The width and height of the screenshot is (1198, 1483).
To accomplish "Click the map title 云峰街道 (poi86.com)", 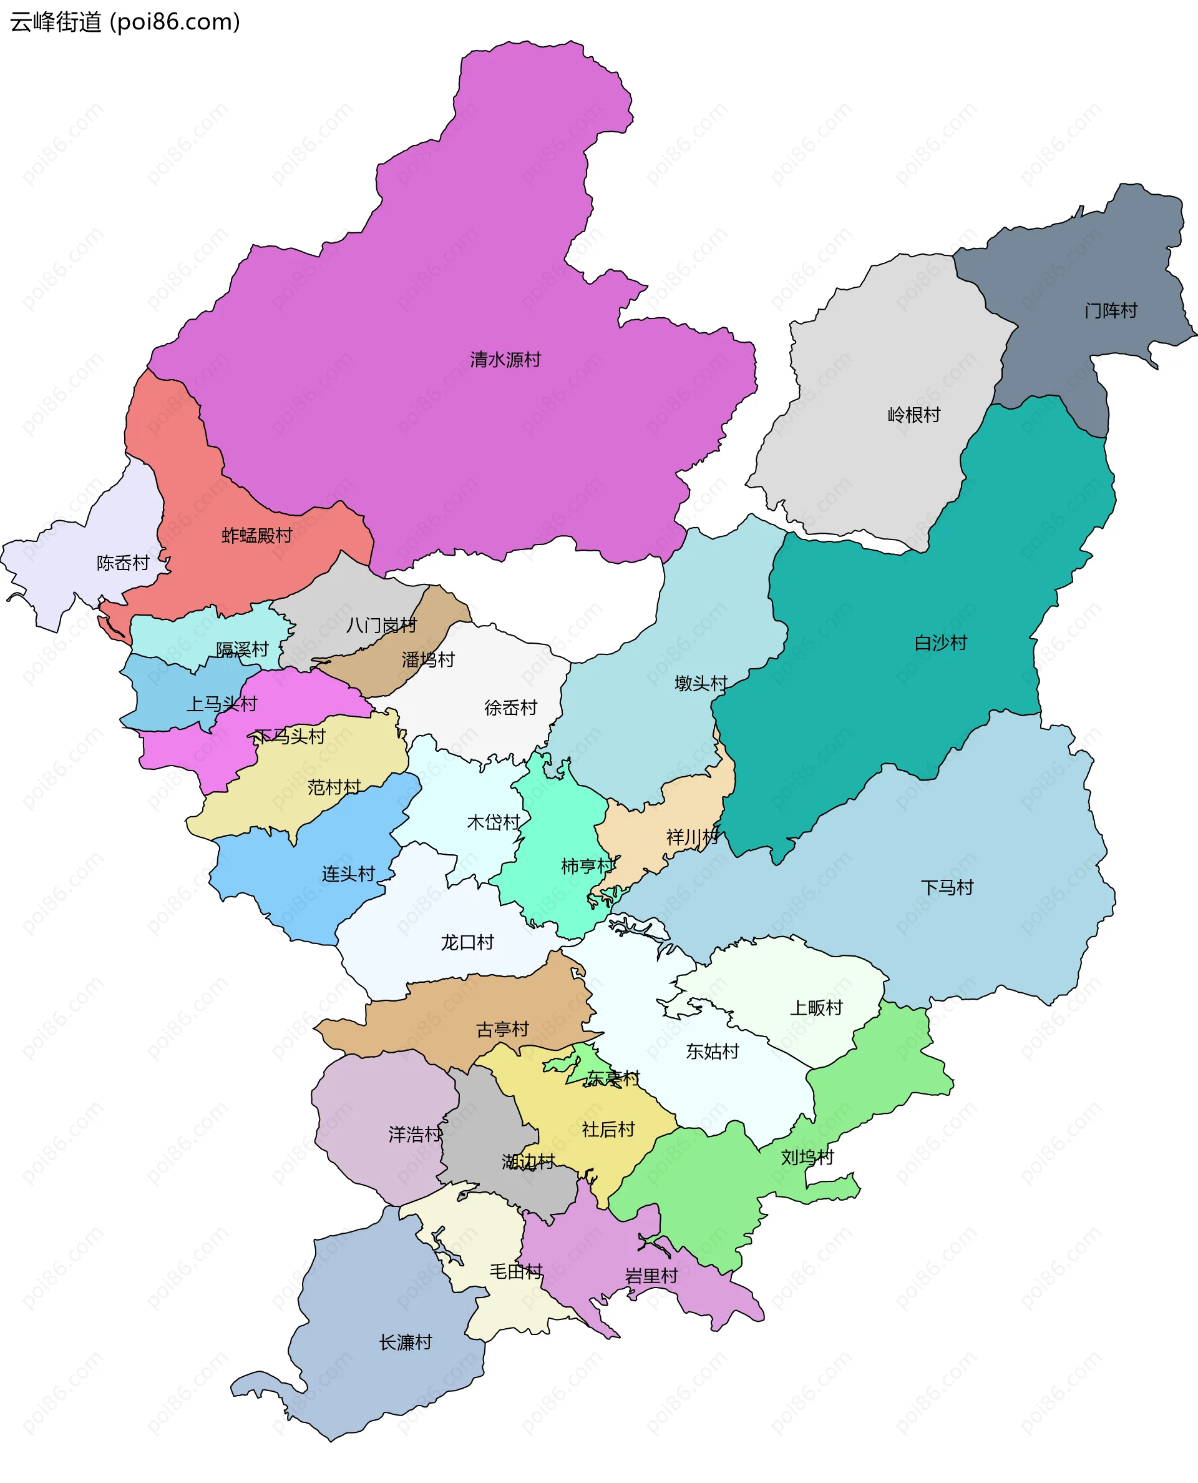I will (125, 22).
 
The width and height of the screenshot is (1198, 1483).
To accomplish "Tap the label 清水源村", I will (505, 360).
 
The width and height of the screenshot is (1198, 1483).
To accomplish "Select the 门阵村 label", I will (1111, 311).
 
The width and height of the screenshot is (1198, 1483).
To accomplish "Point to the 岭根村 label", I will (913, 415).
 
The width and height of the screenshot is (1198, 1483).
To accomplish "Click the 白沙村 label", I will (940, 643).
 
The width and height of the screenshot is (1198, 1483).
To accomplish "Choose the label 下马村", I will (947, 887).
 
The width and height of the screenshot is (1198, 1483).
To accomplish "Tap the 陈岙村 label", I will (123, 563).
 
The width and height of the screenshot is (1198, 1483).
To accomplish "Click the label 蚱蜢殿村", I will (256, 535).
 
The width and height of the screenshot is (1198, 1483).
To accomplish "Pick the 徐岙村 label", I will (510, 707).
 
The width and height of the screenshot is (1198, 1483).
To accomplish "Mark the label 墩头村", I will (701, 683).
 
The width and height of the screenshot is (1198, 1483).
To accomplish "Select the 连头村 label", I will (349, 874).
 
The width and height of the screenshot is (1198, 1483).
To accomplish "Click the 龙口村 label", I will (467, 942).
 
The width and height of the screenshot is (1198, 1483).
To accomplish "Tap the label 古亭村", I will (502, 1030).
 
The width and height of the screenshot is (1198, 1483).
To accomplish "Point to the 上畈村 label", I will (816, 1007).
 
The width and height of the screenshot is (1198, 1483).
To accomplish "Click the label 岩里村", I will (651, 1275).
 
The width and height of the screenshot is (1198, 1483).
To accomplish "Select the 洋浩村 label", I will (415, 1134).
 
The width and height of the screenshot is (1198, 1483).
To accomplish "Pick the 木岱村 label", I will (494, 822).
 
